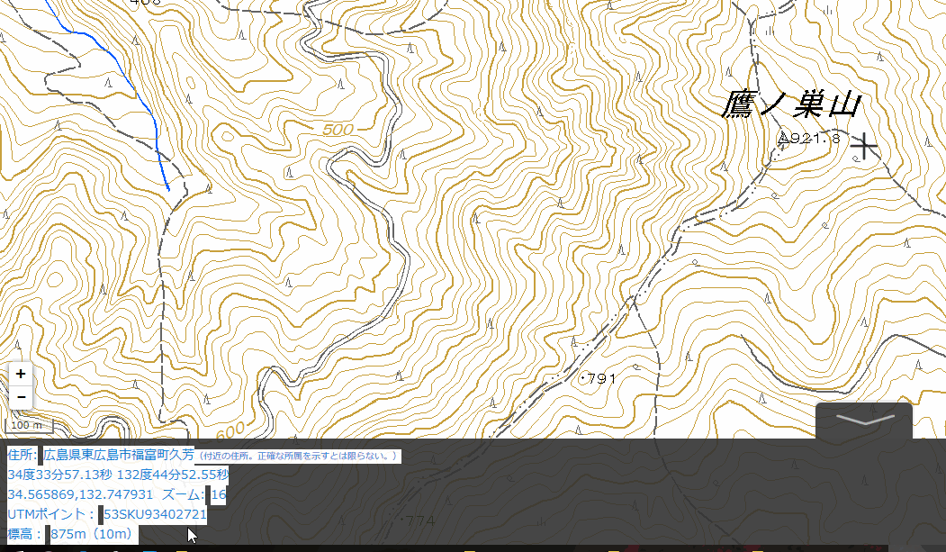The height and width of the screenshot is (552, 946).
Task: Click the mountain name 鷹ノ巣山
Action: tap(791, 105)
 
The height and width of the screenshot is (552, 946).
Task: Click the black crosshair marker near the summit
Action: tap(864, 146)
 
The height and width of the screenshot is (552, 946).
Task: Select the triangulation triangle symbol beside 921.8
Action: tap(784, 139)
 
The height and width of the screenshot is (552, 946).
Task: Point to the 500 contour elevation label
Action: tap(338, 130)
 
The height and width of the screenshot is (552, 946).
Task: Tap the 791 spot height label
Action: tap(601, 379)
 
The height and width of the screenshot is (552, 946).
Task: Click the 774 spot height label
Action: tap(420, 520)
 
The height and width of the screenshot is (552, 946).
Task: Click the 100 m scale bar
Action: tap(28, 424)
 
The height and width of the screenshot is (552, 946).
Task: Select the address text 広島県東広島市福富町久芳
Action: tap(119, 455)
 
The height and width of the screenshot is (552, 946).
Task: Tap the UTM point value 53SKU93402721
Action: tap(155, 514)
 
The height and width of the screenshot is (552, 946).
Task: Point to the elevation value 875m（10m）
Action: tap(94, 534)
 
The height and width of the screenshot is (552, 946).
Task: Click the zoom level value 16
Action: tap(218, 494)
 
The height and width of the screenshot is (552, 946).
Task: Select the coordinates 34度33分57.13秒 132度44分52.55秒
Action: tap(118, 475)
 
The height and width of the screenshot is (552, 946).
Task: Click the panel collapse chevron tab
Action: tap(863, 420)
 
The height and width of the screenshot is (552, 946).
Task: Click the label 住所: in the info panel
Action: tap(23, 455)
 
